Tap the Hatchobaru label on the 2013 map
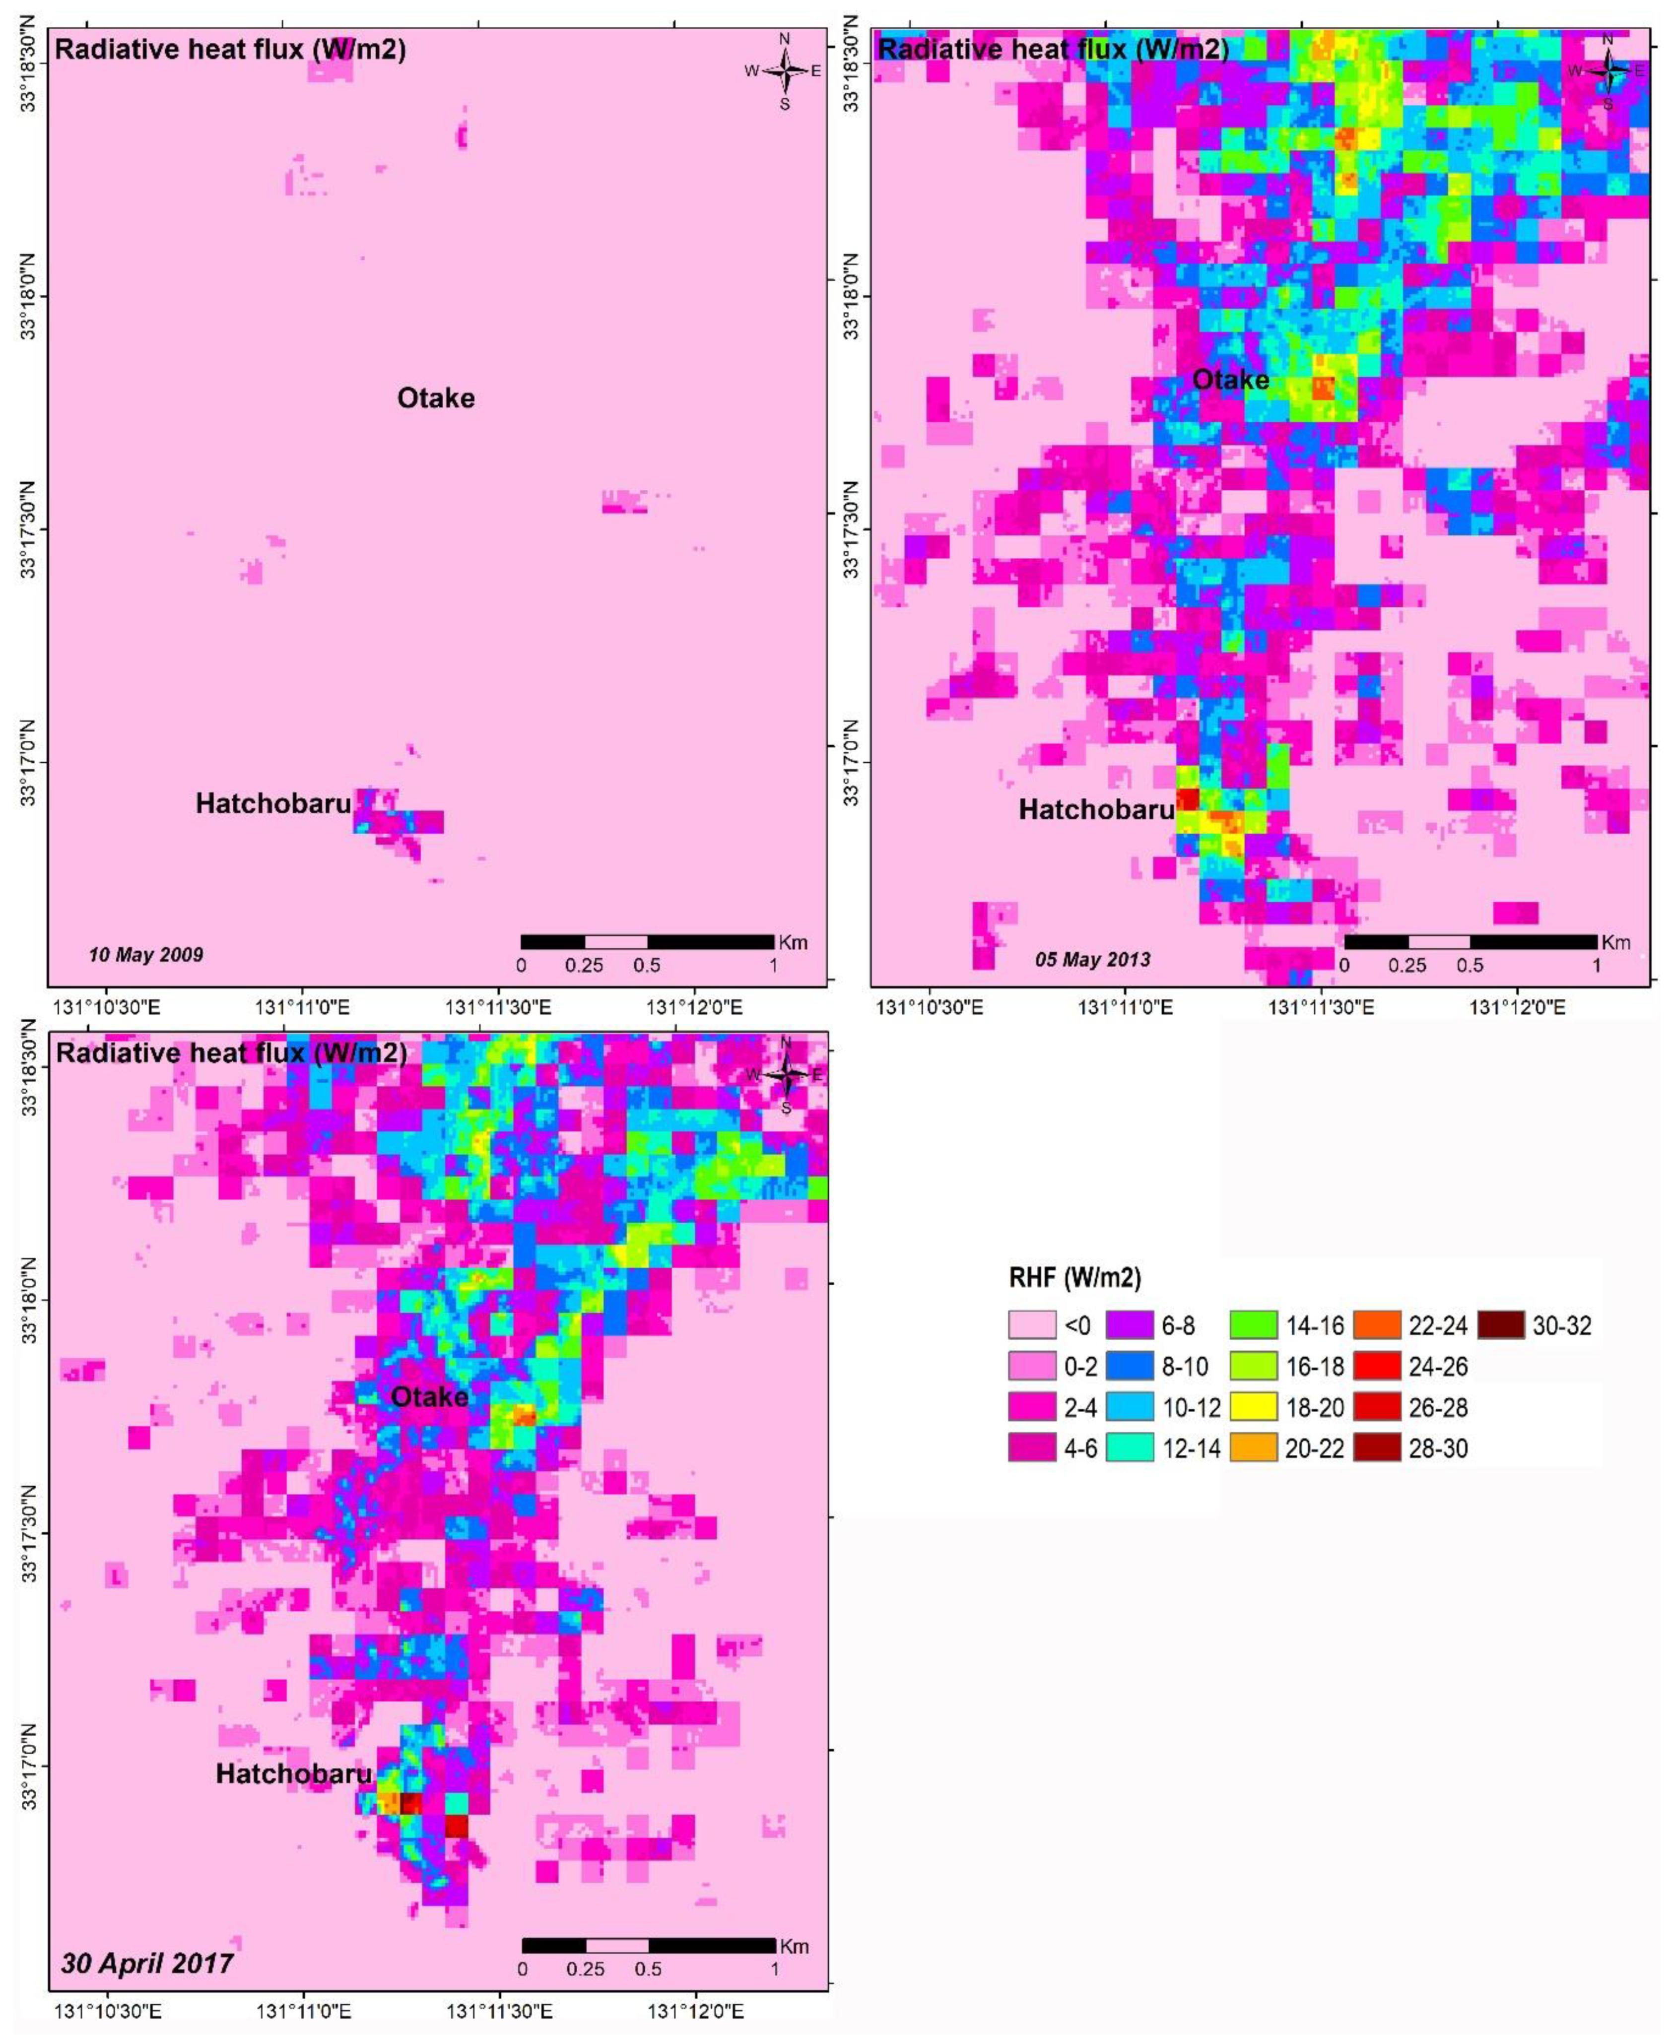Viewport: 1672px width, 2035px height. click(x=1096, y=810)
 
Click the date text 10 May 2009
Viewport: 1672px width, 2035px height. click(x=145, y=955)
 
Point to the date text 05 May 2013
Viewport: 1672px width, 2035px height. click(x=1092, y=959)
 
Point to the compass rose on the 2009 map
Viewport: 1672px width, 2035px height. click(x=785, y=70)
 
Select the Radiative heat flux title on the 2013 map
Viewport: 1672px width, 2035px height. click(x=1054, y=48)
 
